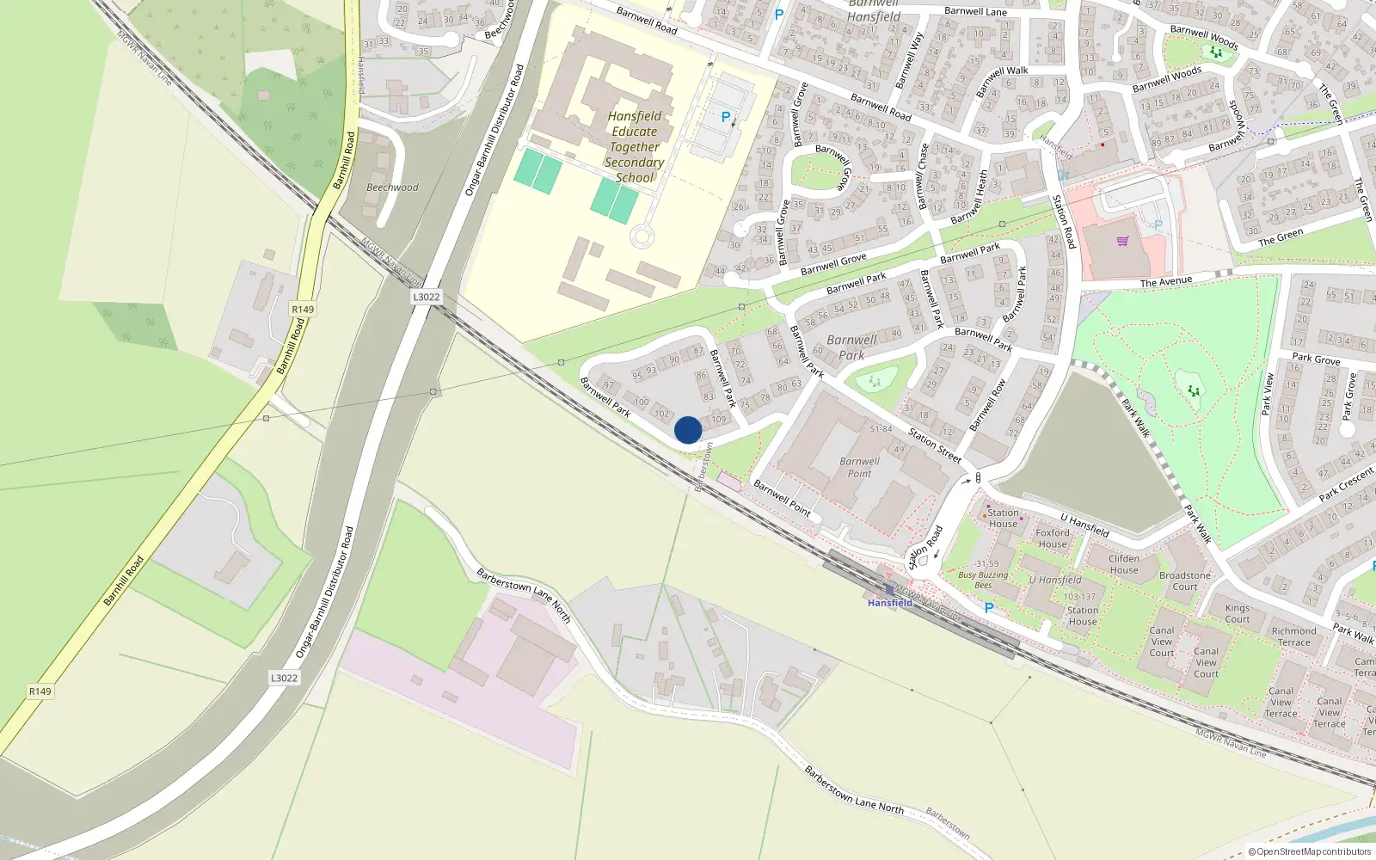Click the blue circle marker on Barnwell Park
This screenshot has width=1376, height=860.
(688, 430)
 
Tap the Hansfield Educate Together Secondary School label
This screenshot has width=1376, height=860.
(635, 147)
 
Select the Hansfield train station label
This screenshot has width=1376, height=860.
(889, 603)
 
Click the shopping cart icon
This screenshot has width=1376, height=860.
(1122, 242)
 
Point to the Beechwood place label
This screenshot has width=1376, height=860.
(392, 187)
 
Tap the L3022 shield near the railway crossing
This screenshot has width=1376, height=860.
(426, 297)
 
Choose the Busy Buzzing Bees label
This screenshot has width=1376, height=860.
(983, 580)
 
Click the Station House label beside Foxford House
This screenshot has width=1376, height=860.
(1003, 518)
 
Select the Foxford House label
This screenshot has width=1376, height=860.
(1052, 538)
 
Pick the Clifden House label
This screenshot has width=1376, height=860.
(1123, 564)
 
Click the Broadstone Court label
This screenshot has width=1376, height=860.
(1184, 581)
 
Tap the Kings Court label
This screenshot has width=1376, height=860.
(1238, 613)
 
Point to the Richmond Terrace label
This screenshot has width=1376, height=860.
(1293, 636)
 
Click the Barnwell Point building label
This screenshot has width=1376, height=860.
(859, 467)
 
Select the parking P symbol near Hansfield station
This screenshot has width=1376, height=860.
(989, 608)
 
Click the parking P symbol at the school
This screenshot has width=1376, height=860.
(726, 117)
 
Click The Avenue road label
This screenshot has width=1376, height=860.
(1166, 281)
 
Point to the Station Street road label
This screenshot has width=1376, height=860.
(935, 445)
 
